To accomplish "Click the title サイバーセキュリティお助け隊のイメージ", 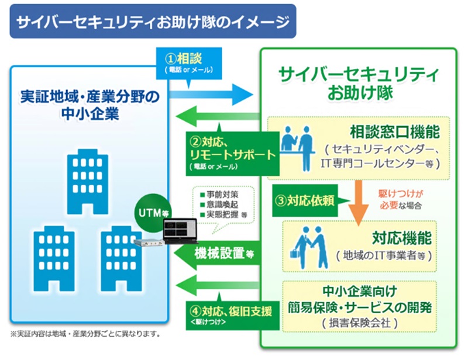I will [x=153, y=22].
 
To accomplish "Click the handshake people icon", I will [x=310, y=244].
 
